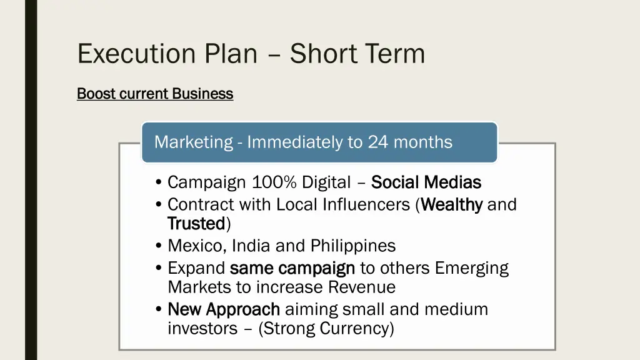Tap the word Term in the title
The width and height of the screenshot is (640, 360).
392,54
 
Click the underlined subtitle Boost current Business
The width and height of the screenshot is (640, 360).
155,94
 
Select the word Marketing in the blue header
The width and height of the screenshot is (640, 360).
193,142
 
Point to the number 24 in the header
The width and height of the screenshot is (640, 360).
377,142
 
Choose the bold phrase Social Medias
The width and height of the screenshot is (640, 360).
426,182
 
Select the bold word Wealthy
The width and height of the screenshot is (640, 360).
452,204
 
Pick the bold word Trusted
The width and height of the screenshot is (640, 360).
196,223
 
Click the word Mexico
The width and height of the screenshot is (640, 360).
197,246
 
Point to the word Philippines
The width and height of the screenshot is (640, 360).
353,246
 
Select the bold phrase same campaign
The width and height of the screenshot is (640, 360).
292,268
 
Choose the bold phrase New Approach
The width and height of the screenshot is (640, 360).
224,309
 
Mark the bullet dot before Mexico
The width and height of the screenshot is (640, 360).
159,246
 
